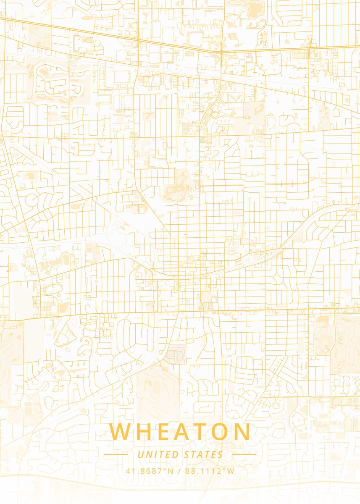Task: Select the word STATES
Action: tap(204, 454)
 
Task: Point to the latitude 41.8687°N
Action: tap(149, 471)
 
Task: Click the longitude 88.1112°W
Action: tap(210, 471)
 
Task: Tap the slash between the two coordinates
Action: tap(179, 471)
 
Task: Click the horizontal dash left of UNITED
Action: tap(116, 454)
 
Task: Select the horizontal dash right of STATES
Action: tap(244, 454)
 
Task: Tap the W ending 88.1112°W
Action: tap(230, 471)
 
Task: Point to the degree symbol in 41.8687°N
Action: tap(166, 469)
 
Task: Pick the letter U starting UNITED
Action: tap(140, 454)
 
